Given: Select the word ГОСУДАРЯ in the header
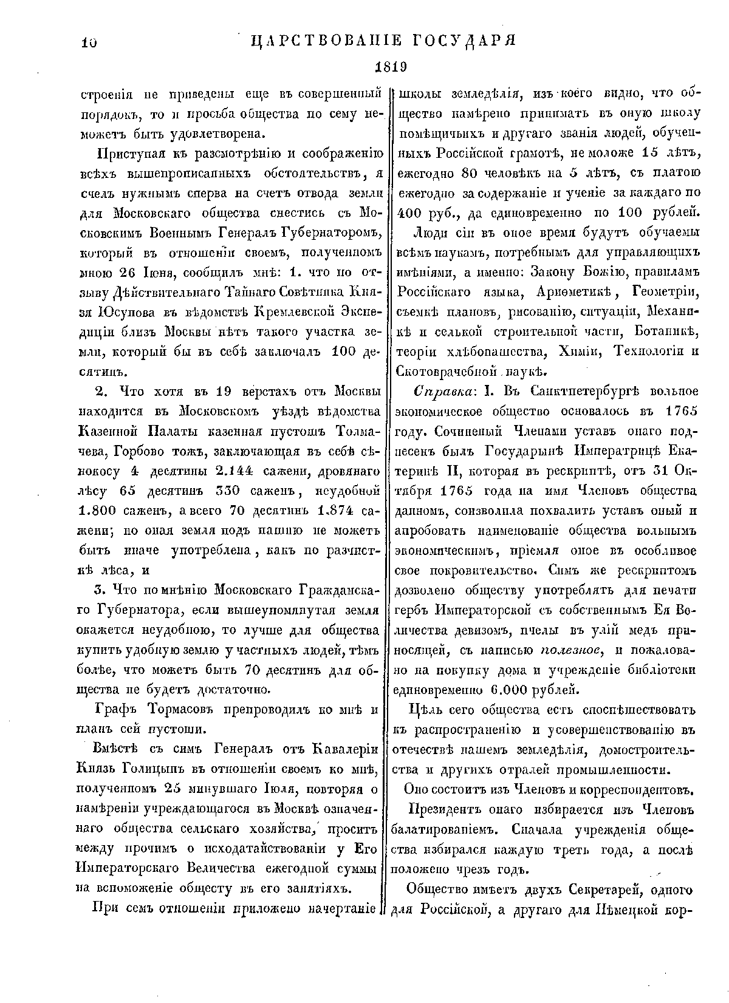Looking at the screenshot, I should coord(467,41).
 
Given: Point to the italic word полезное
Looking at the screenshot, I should coord(570,650).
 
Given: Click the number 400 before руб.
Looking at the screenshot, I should coord(411,212).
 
